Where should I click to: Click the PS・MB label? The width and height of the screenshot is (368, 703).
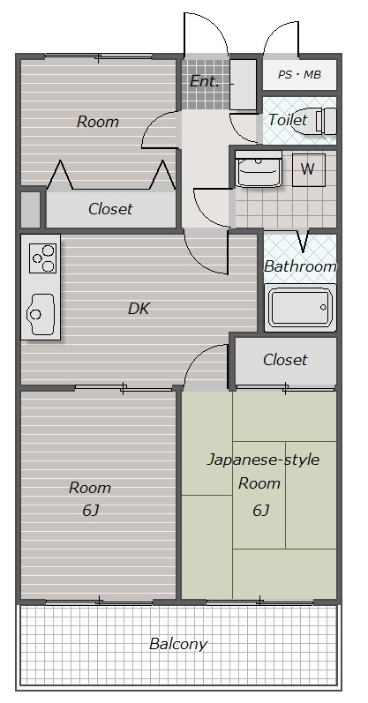[300, 75]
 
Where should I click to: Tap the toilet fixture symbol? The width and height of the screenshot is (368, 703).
[326, 120]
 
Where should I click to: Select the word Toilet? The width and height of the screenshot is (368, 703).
[288, 120]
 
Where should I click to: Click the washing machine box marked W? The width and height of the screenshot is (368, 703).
[307, 169]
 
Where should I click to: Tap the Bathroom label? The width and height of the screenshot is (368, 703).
[300, 265]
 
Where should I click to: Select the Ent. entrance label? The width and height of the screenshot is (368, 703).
[204, 81]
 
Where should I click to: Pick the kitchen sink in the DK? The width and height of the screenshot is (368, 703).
[40, 312]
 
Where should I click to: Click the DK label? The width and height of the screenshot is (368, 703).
[139, 309]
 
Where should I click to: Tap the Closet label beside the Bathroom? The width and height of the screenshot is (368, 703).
[285, 359]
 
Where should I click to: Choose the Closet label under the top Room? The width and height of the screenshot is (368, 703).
[110, 209]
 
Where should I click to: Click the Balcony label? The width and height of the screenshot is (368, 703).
[178, 644]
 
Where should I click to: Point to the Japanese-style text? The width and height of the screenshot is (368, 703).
[263, 460]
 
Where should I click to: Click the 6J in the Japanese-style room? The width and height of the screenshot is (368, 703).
[260, 510]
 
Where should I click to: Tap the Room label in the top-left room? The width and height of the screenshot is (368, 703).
[97, 122]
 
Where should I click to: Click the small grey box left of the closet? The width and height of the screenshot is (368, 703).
[31, 209]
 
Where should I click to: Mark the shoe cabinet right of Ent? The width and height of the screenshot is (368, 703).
[244, 84]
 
